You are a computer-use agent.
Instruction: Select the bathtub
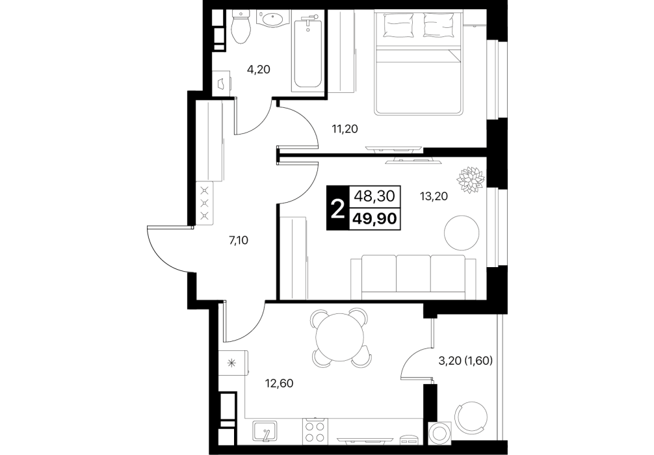click(307, 49)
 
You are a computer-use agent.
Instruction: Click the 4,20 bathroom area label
click(259, 70)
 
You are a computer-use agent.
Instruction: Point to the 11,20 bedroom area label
click(345, 129)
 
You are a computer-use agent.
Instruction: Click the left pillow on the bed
click(399, 24)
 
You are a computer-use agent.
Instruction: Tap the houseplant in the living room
click(471, 180)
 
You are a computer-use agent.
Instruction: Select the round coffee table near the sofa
click(462, 233)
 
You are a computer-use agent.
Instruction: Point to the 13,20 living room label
click(434, 196)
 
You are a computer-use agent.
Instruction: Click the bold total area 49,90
click(374, 218)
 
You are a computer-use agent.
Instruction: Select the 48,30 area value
click(374, 196)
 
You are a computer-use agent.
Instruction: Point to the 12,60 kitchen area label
click(280, 383)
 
